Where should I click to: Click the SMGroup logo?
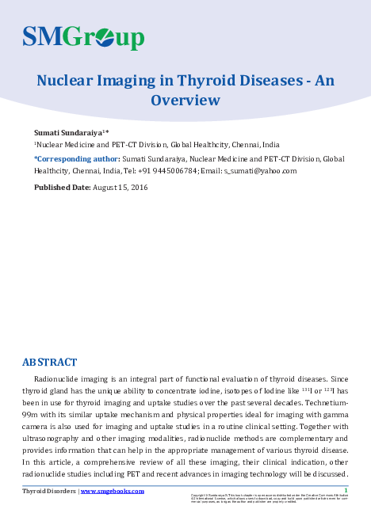pos(82,36)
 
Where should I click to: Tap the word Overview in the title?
pos(185,100)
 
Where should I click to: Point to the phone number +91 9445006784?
pos(166,171)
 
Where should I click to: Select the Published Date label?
pos(62,188)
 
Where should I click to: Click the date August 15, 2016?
pos(120,188)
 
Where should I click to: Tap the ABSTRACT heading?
pos(49,363)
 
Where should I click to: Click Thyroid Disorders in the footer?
pos(49,491)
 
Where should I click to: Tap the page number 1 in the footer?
pos(346,490)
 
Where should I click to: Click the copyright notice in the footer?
pos(270,498)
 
